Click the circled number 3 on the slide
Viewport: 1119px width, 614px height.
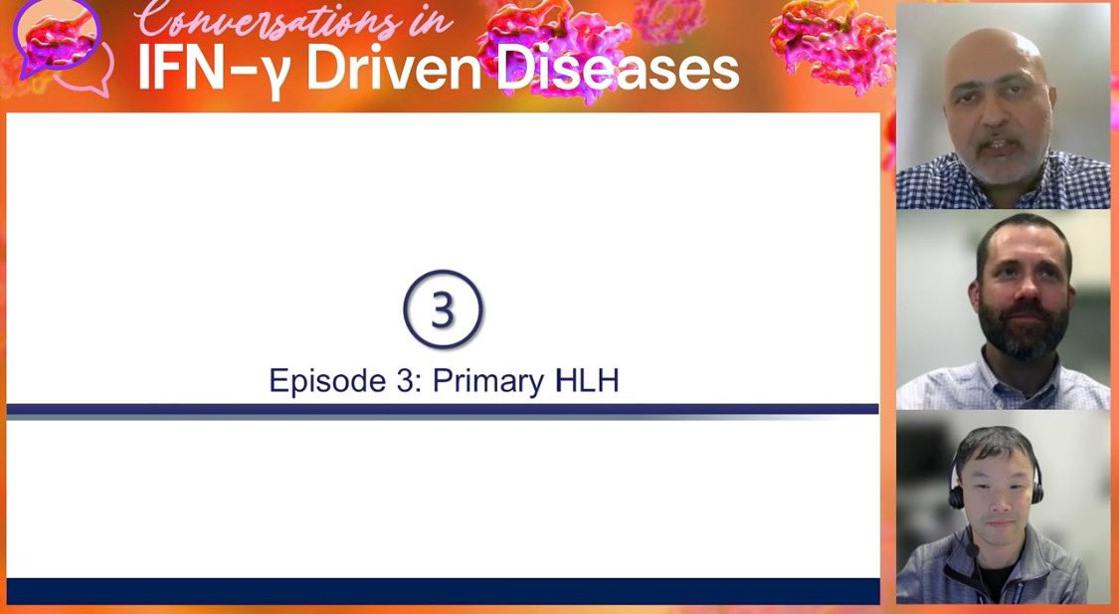coord(443,309)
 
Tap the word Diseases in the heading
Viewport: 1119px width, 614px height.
coord(617,70)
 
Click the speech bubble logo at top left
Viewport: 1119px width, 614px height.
coord(60,45)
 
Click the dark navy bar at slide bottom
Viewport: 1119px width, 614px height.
coord(443,590)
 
